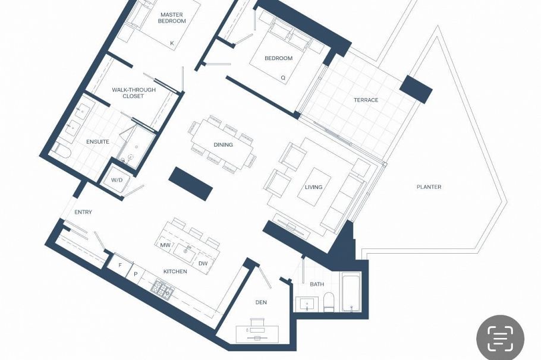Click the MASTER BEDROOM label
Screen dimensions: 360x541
(x=172, y=17)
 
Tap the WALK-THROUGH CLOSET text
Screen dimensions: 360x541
(x=134, y=93)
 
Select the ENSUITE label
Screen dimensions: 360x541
(x=97, y=141)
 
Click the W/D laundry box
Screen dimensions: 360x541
(x=117, y=179)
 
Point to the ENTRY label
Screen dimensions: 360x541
(x=83, y=212)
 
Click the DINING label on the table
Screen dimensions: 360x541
(x=223, y=144)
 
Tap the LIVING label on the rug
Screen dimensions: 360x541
(x=313, y=187)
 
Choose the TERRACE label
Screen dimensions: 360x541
(x=366, y=100)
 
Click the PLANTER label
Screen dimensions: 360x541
(x=429, y=187)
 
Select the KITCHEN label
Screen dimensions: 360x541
(x=175, y=271)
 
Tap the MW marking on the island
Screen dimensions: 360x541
(x=165, y=245)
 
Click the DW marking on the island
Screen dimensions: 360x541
(x=203, y=263)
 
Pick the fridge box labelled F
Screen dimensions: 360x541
(x=119, y=265)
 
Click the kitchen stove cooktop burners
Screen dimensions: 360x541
(x=162, y=290)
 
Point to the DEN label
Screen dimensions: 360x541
(x=261, y=302)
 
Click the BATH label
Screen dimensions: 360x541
(x=317, y=284)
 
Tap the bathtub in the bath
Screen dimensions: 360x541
(x=351, y=292)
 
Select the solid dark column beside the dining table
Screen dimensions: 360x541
(x=191, y=184)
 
